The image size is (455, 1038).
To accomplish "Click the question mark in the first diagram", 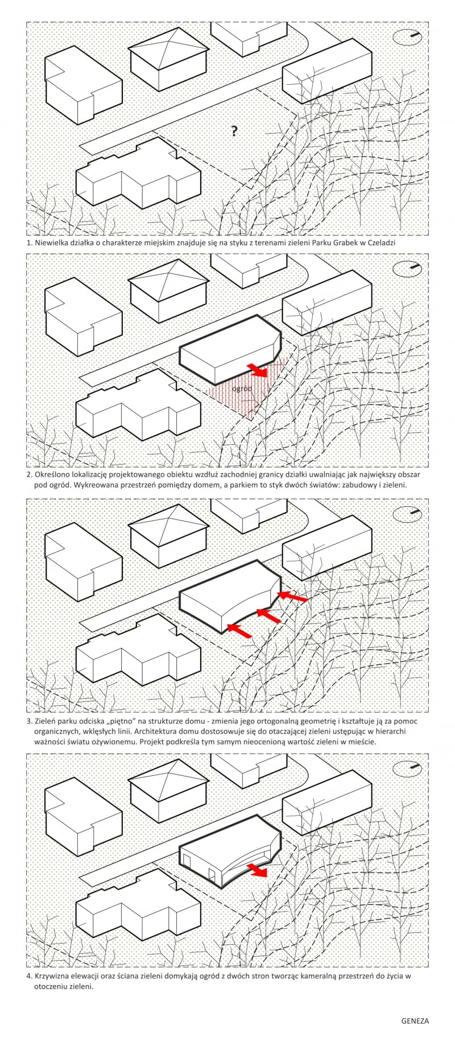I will tap(234, 131).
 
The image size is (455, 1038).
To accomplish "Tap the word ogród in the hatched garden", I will tap(242, 388).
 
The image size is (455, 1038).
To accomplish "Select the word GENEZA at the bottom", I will tap(415, 1021).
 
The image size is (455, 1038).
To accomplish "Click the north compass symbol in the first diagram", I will tap(407, 38).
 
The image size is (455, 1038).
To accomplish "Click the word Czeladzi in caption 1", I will tap(380, 242).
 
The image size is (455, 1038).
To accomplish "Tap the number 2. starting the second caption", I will tap(29, 474).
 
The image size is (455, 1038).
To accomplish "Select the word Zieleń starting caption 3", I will tap(46, 721).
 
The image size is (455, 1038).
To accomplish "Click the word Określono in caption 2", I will tap(53, 474).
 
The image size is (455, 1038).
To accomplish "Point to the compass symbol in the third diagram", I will tap(407, 514).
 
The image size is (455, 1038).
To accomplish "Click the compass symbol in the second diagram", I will tap(407, 268).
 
